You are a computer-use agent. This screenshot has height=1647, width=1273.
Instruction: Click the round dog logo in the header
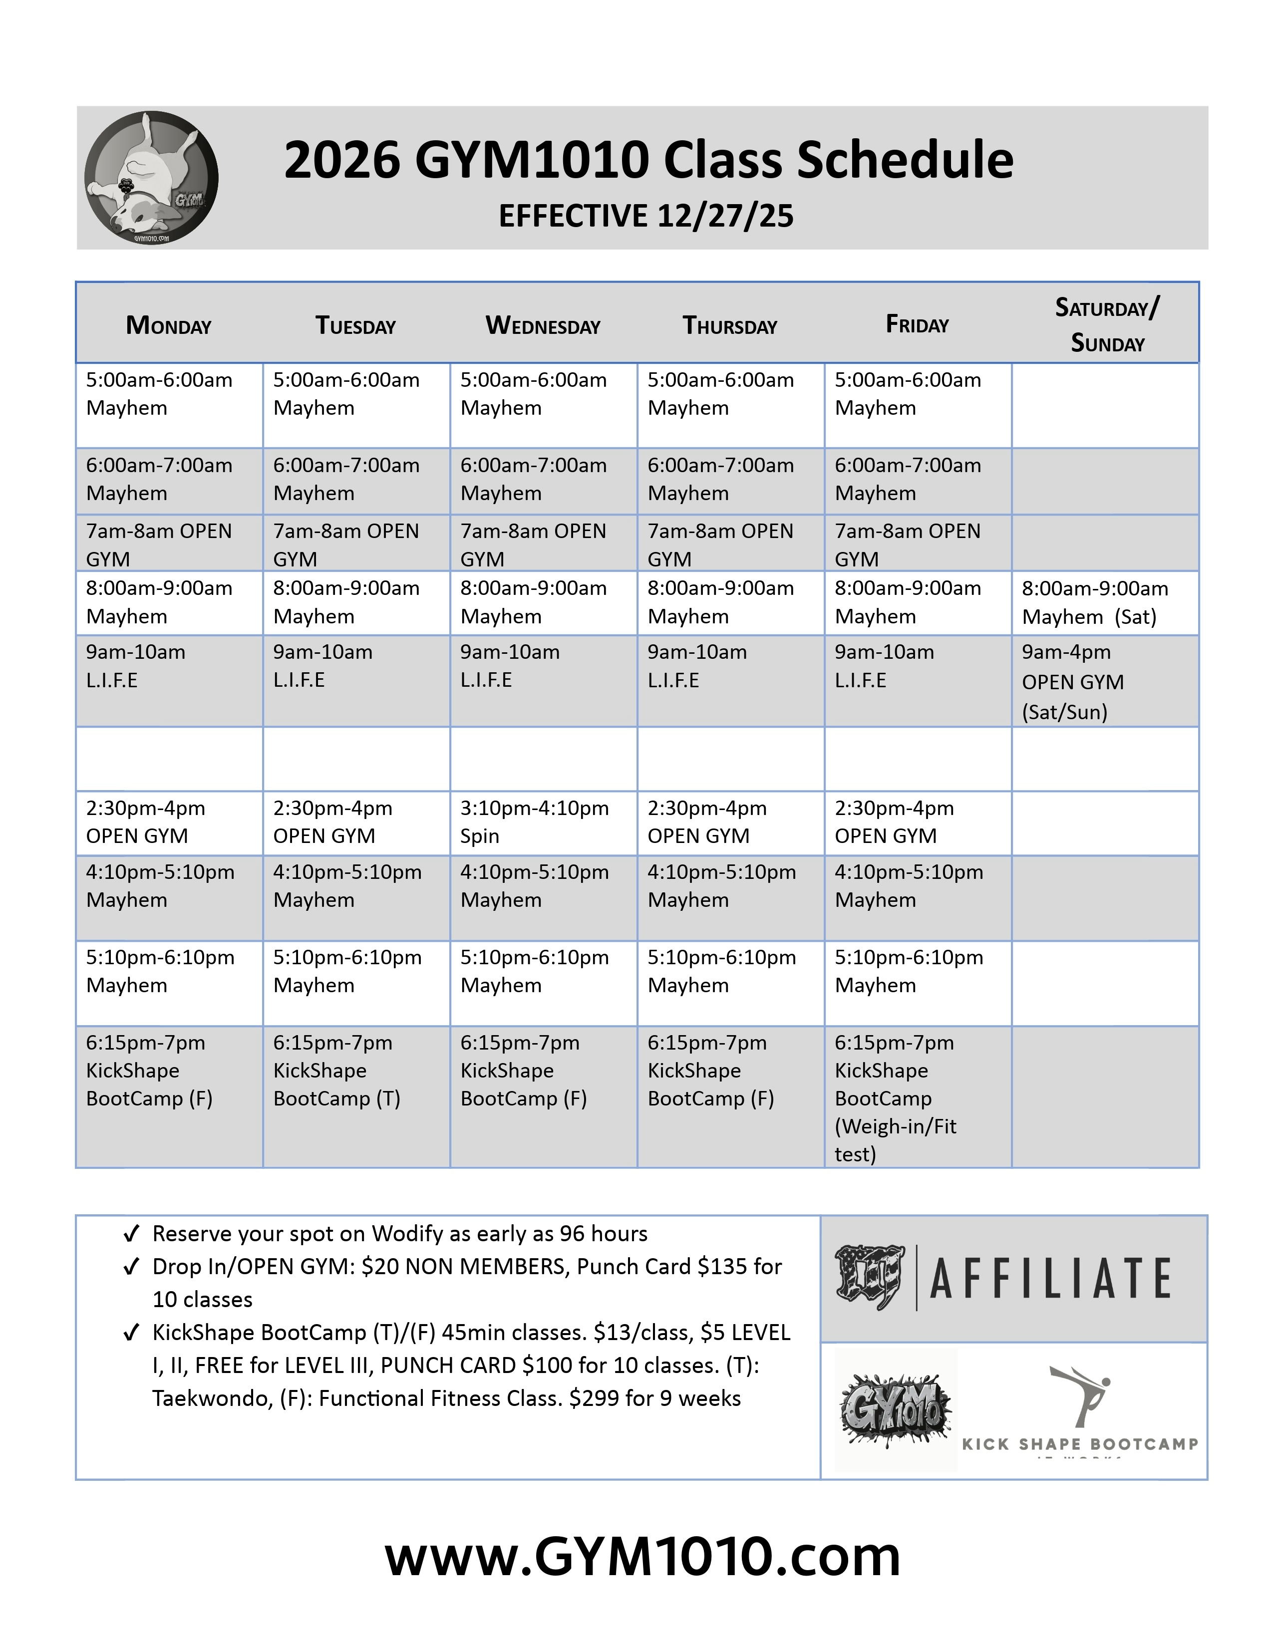(x=152, y=178)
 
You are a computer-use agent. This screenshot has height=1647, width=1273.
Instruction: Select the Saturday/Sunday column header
(x=1106, y=325)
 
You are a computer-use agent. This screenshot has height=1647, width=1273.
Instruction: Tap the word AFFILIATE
(x=1050, y=1279)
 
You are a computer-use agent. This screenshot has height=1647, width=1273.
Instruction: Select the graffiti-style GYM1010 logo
(x=895, y=1411)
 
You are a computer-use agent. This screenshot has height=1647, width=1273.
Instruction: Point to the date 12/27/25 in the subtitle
(x=725, y=217)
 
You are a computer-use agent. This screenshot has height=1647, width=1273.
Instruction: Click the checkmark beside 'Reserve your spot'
(x=131, y=1234)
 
